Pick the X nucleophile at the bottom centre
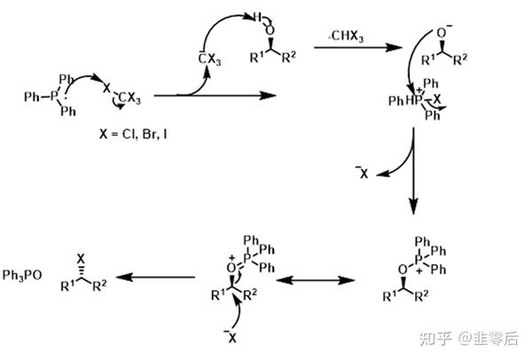tap(232, 336)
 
